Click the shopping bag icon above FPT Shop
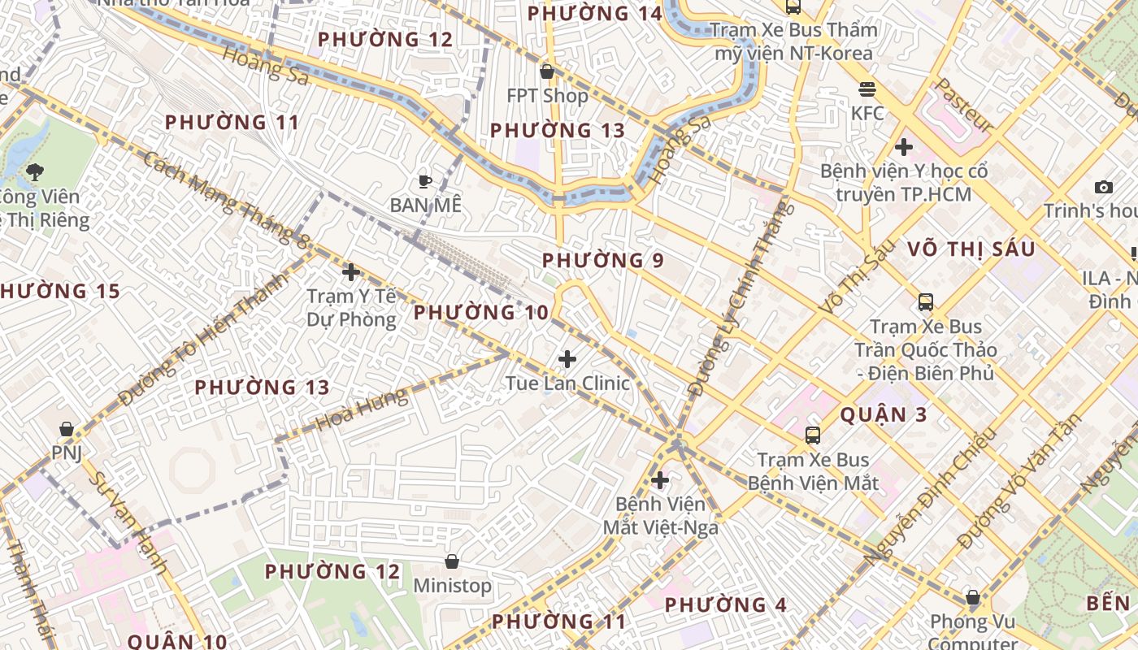pyautogui.click(x=547, y=71)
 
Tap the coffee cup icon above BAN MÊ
pyautogui.click(x=423, y=181)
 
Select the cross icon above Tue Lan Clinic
pyautogui.click(x=567, y=358)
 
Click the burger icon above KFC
pyautogui.click(x=867, y=89)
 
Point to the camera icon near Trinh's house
pyautogui.click(x=1103, y=187)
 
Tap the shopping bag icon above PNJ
pyautogui.click(x=67, y=428)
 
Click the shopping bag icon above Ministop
pyautogui.click(x=452, y=561)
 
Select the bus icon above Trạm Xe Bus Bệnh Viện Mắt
pyautogui.click(x=812, y=435)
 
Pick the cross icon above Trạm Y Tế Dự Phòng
pyautogui.click(x=351, y=272)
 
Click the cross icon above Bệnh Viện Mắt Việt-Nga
pyautogui.click(x=660, y=480)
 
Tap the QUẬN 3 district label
pyautogui.click(x=884, y=414)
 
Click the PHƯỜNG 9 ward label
pyautogui.click(x=603, y=261)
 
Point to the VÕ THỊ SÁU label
pyautogui.click(x=971, y=249)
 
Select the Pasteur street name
pyautogui.click(x=964, y=105)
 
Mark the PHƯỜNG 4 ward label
pyautogui.click(x=726, y=605)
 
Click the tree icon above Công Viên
pyautogui.click(x=35, y=171)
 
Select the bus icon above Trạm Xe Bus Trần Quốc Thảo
pyautogui.click(x=925, y=302)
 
